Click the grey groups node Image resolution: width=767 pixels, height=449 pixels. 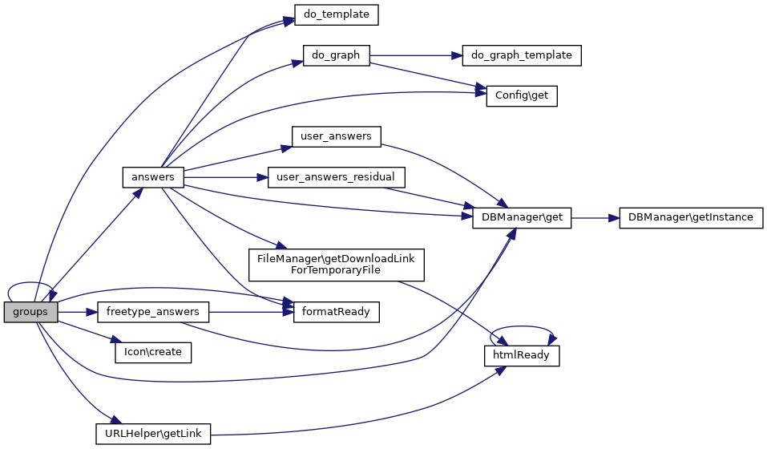30,312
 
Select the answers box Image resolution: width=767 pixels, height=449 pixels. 153,176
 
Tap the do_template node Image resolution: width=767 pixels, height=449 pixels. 336,14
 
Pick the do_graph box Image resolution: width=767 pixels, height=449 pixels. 336,55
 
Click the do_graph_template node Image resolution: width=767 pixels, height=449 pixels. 522,55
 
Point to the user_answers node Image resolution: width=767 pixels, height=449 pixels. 336,136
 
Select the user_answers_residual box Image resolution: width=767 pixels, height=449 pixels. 336,176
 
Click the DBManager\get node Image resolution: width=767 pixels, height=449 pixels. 522,217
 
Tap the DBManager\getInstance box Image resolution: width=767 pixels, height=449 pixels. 691,217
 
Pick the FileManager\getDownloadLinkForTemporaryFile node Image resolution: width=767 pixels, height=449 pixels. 336,264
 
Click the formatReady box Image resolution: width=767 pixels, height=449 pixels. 336,312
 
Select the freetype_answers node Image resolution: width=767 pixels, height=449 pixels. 153,312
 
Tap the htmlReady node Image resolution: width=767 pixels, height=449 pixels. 521,355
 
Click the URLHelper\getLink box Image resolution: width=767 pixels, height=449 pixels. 153,435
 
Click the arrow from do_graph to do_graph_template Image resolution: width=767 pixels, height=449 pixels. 417,55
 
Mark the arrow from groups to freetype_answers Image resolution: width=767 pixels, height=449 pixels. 77,312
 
